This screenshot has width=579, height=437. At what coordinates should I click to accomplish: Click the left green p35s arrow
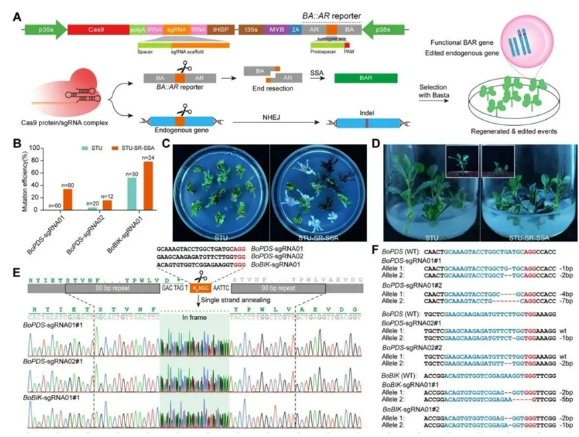click(46, 29)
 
